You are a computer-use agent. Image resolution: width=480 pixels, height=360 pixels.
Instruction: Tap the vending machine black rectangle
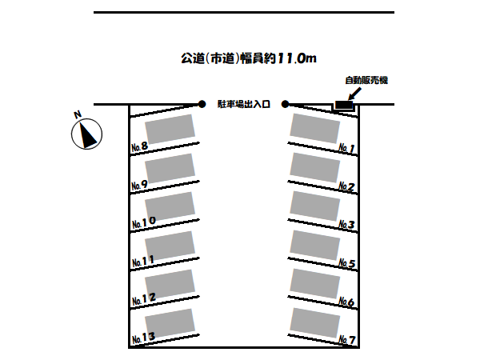click(343, 105)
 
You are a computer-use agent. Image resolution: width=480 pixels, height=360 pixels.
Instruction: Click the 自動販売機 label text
click(366, 80)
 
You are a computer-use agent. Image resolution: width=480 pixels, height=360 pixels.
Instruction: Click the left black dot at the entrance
click(202, 103)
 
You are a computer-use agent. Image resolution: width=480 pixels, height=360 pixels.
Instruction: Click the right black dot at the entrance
click(286, 103)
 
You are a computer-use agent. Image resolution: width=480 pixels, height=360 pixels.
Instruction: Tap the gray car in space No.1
click(315, 129)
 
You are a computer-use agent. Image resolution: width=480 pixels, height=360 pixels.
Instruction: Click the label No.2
click(346, 187)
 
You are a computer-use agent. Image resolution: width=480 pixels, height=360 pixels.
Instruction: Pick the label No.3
click(346, 225)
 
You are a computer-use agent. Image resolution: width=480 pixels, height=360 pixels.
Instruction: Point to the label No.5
click(346, 263)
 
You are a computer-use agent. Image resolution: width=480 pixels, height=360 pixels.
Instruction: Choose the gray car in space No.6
click(315, 283)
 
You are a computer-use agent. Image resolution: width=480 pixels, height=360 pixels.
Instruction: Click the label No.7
click(346, 341)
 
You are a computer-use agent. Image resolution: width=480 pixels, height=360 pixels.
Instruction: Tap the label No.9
click(140, 185)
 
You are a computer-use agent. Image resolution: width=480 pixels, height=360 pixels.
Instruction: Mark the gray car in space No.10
click(170, 207)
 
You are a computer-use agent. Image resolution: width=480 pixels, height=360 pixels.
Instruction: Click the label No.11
click(142, 261)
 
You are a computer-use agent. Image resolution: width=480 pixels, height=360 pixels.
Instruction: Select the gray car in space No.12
click(170, 285)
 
